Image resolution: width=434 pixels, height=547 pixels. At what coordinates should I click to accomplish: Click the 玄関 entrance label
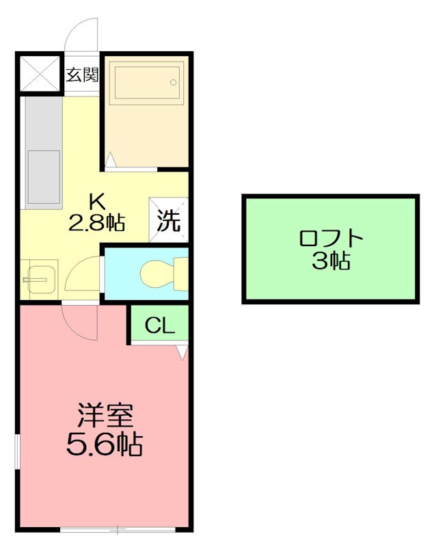click(x=82, y=75)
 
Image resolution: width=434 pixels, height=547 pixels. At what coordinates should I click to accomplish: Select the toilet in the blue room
click(x=161, y=273)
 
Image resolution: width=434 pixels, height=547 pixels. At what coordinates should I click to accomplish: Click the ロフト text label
click(x=330, y=239)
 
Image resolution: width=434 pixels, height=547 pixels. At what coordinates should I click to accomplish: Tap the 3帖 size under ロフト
click(x=331, y=261)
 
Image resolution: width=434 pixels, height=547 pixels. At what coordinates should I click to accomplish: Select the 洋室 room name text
click(x=104, y=415)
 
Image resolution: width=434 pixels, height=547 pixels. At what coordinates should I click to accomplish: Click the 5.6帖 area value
click(x=104, y=445)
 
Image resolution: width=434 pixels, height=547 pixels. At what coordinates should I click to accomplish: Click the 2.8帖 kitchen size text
click(x=96, y=222)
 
